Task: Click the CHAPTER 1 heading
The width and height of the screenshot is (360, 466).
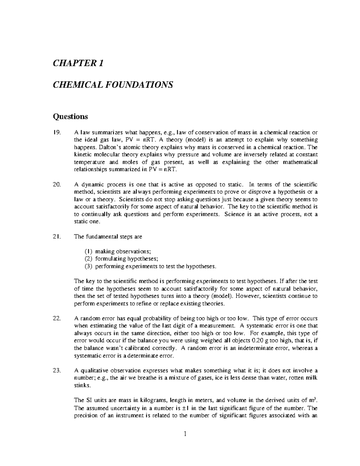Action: click(78, 63)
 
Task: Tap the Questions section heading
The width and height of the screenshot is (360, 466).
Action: click(70, 116)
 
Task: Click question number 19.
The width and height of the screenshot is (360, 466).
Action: click(57, 132)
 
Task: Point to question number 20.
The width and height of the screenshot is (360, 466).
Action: click(57, 185)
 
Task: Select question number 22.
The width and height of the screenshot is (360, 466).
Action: click(57, 318)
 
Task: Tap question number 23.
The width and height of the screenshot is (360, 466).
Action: click(57, 371)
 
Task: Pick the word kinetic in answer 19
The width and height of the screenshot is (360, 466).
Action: click(82, 155)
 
